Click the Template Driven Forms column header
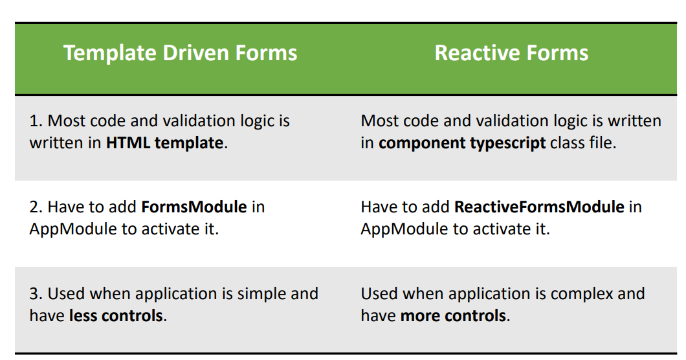[181, 53]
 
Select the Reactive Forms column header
[511, 53]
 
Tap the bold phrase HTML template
[164, 143]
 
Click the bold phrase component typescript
[462, 143]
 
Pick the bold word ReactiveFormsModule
[540, 207]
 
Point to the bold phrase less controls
[116, 316]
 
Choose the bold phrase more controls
[453, 316]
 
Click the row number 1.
[36, 121]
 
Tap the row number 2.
[36, 207]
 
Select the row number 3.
[36, 294]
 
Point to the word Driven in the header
[195, 53]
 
